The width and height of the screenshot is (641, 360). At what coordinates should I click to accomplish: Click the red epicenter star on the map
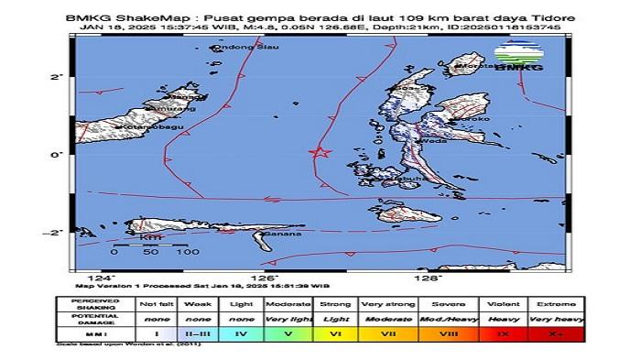click(320, 153)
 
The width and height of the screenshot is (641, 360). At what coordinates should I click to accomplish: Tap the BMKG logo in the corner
click(519, 58)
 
